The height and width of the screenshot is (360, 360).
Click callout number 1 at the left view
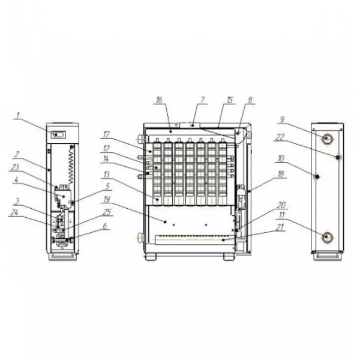pos(17,116)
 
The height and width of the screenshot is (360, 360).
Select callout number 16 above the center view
pos(159,100)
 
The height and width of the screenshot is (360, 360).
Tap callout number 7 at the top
pos(202,100)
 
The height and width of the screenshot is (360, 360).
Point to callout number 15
pos(230,100)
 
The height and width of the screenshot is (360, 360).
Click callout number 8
pos(250,100)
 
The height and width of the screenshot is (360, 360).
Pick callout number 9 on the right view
pos(282,119)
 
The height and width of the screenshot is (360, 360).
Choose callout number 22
pos(280,137)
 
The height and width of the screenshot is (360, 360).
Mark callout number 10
pos(281,158)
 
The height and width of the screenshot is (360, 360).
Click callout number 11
pos(281,215)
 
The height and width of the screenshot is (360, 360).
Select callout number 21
pos(280,227)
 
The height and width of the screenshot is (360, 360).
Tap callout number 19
pos(107,200)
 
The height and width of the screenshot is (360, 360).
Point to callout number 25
pos(107,212)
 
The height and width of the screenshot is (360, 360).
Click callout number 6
pos(104,226)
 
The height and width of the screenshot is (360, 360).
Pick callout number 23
pos(14,167)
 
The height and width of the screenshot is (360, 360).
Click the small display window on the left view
pos(58,134)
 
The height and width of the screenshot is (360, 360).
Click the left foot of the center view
pos(151,256)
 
